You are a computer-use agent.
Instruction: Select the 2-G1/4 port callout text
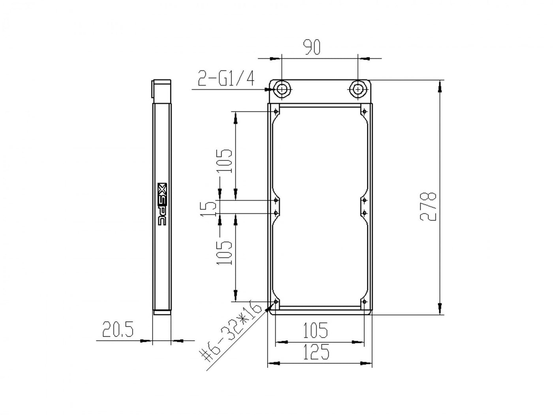[226, 78]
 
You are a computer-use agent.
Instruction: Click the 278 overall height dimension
[428, 207]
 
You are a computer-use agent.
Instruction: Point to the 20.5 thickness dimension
[118, 329]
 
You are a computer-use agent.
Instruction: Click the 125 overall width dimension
[316, 351]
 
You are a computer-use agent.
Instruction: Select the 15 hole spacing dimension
[208, 208]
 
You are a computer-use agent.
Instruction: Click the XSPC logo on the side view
[162, 204]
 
